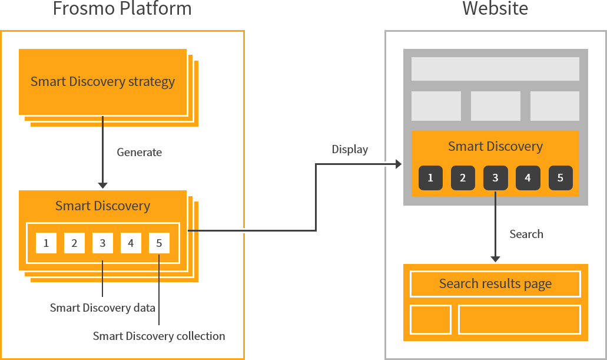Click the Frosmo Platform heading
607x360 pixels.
coord(122,9)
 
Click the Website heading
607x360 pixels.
coord(495,9)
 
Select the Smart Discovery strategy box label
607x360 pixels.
coord(102,81)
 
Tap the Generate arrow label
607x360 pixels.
coord(139,152)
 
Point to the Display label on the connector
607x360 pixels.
coord(350,149)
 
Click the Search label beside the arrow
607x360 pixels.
coord(526,234)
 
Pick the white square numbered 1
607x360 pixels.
coord(46,243)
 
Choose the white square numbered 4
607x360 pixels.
coord(131,243)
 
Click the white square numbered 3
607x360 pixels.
coord(102,243)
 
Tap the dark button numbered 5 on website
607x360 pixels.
coord(560,178)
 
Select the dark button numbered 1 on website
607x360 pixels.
coord(430,178)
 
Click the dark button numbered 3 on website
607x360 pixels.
coord(495,178)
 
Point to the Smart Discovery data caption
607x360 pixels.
coord(102,308)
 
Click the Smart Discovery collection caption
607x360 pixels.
coord(159,336)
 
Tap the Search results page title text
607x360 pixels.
coord(495,284)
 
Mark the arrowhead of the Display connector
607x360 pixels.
coord(399,164)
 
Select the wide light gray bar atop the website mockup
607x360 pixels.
coord(495,69)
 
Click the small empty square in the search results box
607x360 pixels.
coord(430,319)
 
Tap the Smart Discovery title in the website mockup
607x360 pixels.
coord(495,146)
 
